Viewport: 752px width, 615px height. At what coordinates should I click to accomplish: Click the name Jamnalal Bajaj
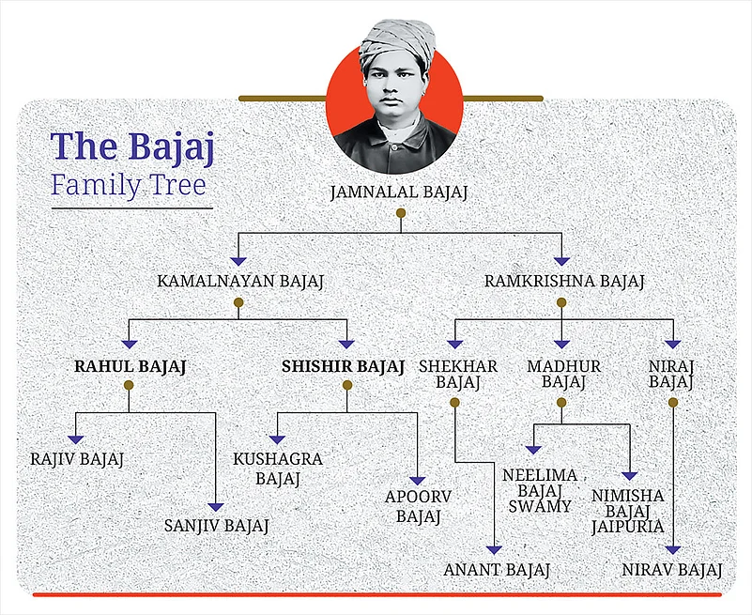point(399,192)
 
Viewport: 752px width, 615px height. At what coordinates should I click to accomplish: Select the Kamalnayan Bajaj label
point(238,280)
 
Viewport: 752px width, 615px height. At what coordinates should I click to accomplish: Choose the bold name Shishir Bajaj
point(343,366)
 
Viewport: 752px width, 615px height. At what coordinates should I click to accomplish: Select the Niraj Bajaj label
point(671,374)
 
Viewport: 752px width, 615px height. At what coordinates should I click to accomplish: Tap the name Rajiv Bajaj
point(77,459)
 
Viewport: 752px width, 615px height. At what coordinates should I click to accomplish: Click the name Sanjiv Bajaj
point(216,526)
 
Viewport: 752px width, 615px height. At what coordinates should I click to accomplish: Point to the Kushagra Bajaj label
point(278,469)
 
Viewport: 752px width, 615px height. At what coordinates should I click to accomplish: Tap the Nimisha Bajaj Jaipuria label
point(627,511)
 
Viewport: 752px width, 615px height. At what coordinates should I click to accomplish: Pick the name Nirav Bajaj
point(672,569)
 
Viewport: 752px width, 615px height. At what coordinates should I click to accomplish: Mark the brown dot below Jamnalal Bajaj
point(400,214)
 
